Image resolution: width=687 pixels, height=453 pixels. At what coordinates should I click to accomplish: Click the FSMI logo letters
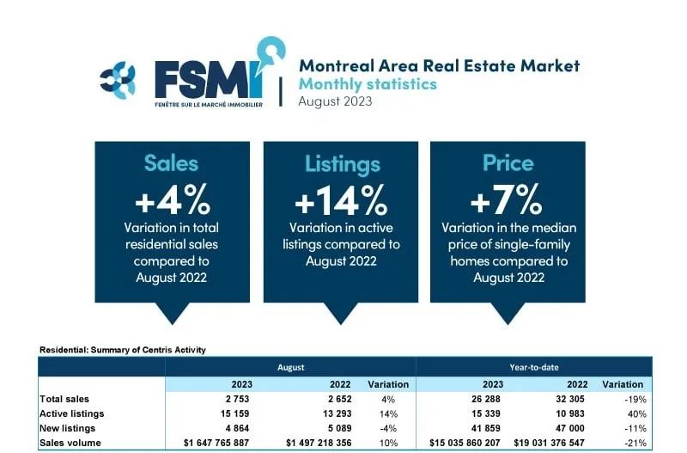click(210, 80)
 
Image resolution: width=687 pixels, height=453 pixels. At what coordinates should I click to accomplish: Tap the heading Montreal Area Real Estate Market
click(440, 66)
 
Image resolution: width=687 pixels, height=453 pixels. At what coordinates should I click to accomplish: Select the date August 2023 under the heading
click(335, 101)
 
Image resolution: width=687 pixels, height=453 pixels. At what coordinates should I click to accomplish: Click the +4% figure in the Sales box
click(173, 199)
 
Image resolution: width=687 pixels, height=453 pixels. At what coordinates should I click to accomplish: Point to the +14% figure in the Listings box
click(341, 199)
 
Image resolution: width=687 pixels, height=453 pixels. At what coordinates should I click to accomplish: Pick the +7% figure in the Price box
click(507, 199)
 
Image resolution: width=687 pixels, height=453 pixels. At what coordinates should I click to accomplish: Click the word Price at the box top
click(508, 163)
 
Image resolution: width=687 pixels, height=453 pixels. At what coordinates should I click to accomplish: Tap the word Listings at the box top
click(343, 164)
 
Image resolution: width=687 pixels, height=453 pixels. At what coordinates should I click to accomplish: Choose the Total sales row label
click(64, 399)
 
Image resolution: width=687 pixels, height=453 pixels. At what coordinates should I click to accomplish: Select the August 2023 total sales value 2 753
click(238, 399)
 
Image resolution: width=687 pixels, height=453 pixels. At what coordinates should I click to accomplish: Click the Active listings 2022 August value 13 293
click(337, 413)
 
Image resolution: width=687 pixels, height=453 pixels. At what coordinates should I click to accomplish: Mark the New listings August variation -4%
click(388, 428)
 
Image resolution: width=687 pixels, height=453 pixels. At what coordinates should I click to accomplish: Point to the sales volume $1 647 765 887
click(216, 443)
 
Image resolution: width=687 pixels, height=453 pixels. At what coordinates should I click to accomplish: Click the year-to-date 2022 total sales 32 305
click(570, 399)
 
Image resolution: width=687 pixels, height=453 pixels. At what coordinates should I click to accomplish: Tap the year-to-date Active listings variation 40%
click(637, 414)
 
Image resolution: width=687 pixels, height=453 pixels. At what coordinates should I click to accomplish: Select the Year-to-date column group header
click(534, 368)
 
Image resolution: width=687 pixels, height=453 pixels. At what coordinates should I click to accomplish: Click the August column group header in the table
click(290, 368)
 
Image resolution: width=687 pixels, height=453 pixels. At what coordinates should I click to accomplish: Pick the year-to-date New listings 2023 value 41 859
click(485, 428)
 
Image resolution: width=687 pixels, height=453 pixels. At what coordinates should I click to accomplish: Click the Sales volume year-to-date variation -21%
click(635, 443)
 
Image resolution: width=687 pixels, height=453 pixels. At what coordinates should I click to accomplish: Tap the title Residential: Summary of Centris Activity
click(123, 350)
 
